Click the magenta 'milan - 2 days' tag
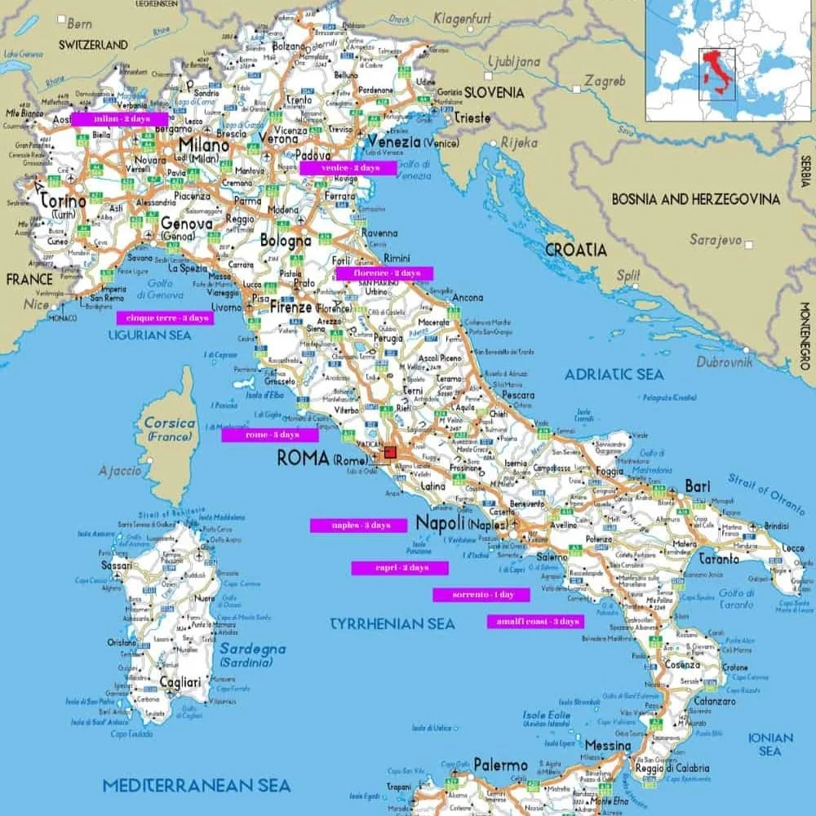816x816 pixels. point(119,119)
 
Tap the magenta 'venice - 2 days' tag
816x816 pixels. point(348,167)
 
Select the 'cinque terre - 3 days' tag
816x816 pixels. point(165,317)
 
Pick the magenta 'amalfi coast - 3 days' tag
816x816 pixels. point(535,622)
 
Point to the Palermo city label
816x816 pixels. point(499,765)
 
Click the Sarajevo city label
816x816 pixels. point(715,241)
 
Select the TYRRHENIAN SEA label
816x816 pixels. point(392,623)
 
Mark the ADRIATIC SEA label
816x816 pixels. point(614,375)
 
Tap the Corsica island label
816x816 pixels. point(169,424)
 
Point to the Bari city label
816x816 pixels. point(697,486)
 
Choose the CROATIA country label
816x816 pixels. point(575,250)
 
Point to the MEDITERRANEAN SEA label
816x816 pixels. point(196,786)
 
